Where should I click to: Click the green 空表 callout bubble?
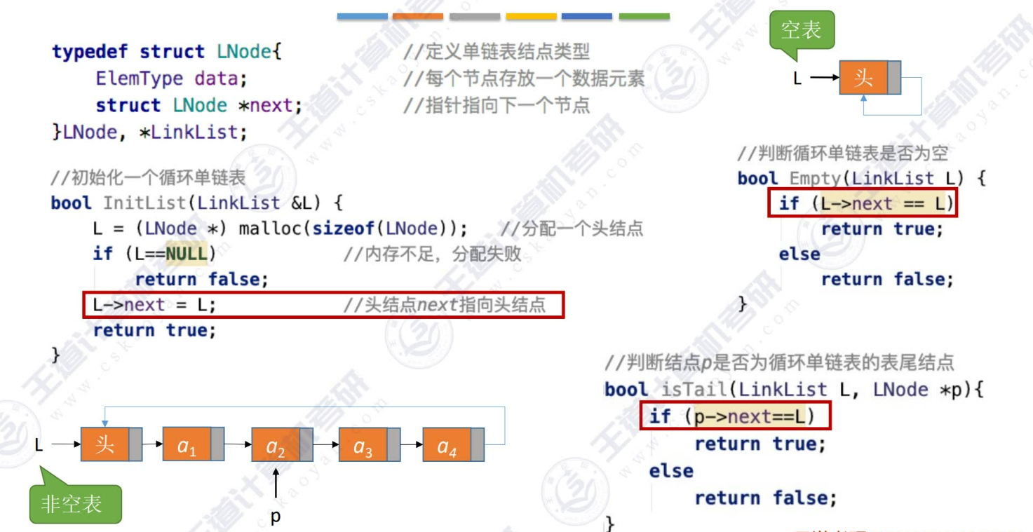tap(802, 30)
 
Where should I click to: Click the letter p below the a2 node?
tap(276, 517)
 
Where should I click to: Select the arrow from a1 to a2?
tap(238, 444)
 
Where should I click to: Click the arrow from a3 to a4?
tap(412, 444)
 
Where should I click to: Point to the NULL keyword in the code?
tap(187, 254)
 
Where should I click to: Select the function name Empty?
tap(816, 178)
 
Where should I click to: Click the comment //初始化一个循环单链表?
tap(148, 177)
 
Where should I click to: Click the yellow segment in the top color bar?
tap(531, 16)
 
